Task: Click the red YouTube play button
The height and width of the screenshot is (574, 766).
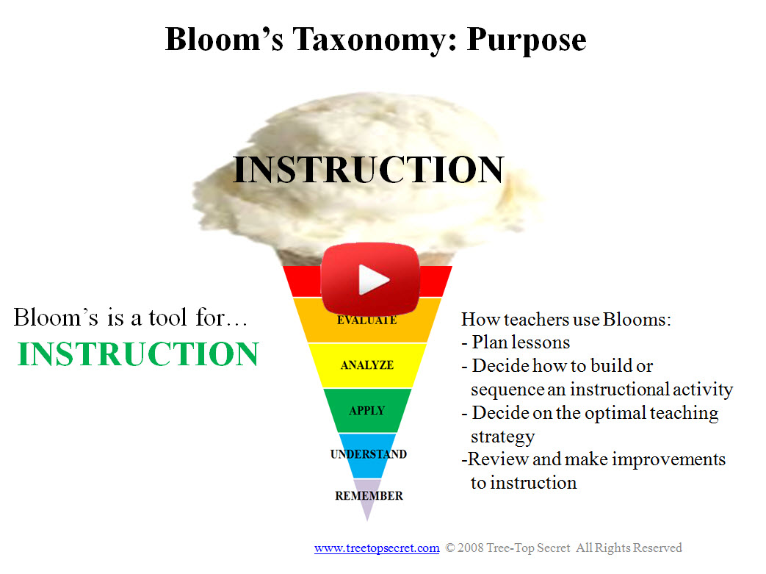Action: (370, 279)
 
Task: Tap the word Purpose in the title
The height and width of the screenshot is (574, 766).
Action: (527, 41)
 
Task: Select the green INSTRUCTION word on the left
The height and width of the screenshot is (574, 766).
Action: (138, 354)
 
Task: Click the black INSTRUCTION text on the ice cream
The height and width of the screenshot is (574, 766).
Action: (368, 170)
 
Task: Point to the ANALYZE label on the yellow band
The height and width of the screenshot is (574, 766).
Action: (367, 365)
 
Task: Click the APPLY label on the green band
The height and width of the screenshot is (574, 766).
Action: (367, 411)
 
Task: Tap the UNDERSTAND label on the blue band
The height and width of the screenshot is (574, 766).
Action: (369, 454)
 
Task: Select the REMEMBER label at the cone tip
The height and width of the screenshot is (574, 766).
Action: (369, 496)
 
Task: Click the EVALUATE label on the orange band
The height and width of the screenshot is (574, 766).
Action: (367, 320)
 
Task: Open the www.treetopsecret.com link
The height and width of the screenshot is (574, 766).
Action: (377, 548)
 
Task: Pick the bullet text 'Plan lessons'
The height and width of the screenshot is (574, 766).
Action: (521, 342)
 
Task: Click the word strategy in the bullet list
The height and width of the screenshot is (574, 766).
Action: (502, 437)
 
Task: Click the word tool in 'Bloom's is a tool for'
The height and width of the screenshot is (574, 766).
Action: (167, 318)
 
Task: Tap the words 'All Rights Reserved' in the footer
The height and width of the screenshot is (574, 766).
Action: (629, 548)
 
